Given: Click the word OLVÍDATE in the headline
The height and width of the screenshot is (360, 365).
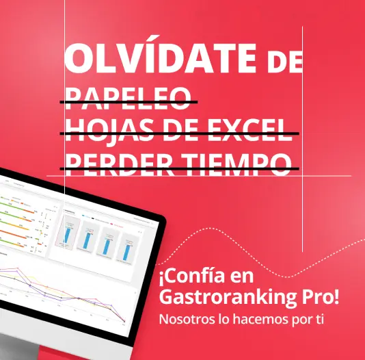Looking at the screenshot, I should [161, 59].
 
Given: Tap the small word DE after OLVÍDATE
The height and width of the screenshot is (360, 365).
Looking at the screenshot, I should [283, 63].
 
